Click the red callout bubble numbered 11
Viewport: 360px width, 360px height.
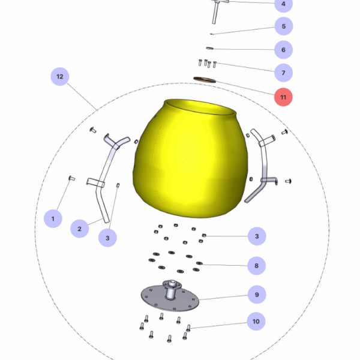coord(283,97)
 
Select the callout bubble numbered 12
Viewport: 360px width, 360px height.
coord(59,77)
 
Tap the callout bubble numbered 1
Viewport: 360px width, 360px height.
coord(53,218)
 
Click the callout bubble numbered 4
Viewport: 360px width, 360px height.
coord(283,5)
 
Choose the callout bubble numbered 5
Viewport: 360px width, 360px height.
coord(283,26)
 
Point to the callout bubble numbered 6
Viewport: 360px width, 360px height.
coord(283,50)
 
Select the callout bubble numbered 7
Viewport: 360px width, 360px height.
coord(283,73)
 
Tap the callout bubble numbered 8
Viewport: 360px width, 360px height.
coord(256,265)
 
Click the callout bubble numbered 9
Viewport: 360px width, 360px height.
coord(256,295)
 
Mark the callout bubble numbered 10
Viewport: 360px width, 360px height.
coord(256,322)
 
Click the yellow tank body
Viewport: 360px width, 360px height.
coord(189,159)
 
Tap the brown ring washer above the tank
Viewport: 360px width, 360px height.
coord(205,80)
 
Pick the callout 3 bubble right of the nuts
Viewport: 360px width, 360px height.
coord(256,237)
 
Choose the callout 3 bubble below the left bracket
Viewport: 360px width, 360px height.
coord(107,238)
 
